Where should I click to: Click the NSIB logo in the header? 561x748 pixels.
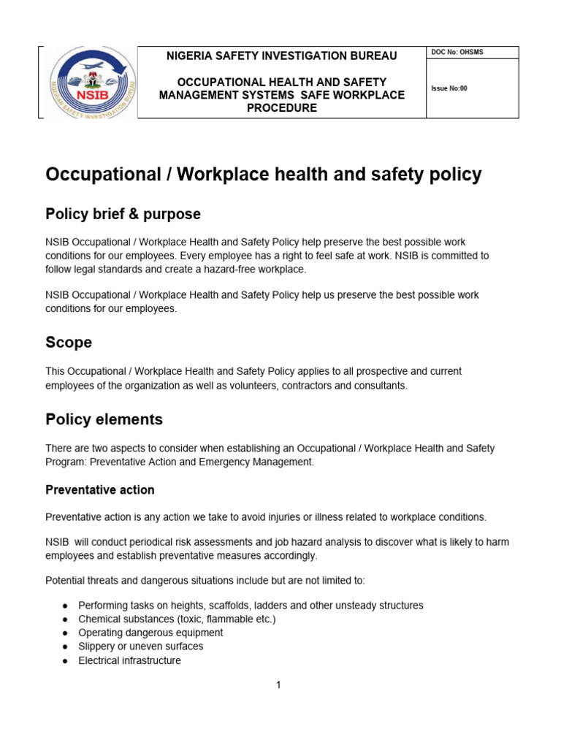point(88,82)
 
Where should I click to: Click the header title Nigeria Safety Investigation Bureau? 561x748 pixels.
point(282,56)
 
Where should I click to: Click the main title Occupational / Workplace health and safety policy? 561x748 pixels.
point(264,174)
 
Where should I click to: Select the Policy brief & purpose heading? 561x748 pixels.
point(123,214)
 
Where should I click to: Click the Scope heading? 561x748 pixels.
point(69,343)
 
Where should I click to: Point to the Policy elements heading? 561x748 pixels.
point(104,419)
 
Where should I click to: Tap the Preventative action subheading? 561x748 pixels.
point(99,489)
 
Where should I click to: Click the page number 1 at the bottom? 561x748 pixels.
point(278,685)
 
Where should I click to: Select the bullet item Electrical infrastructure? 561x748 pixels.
point(129,660)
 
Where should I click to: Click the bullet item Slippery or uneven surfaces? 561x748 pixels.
point(140,646)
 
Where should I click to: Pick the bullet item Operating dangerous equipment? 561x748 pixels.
point(150,633)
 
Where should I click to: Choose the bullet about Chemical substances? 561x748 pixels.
point(177,619)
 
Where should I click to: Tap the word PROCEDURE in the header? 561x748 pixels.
point(281,108)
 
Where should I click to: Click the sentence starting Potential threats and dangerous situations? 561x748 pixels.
point(205,581)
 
